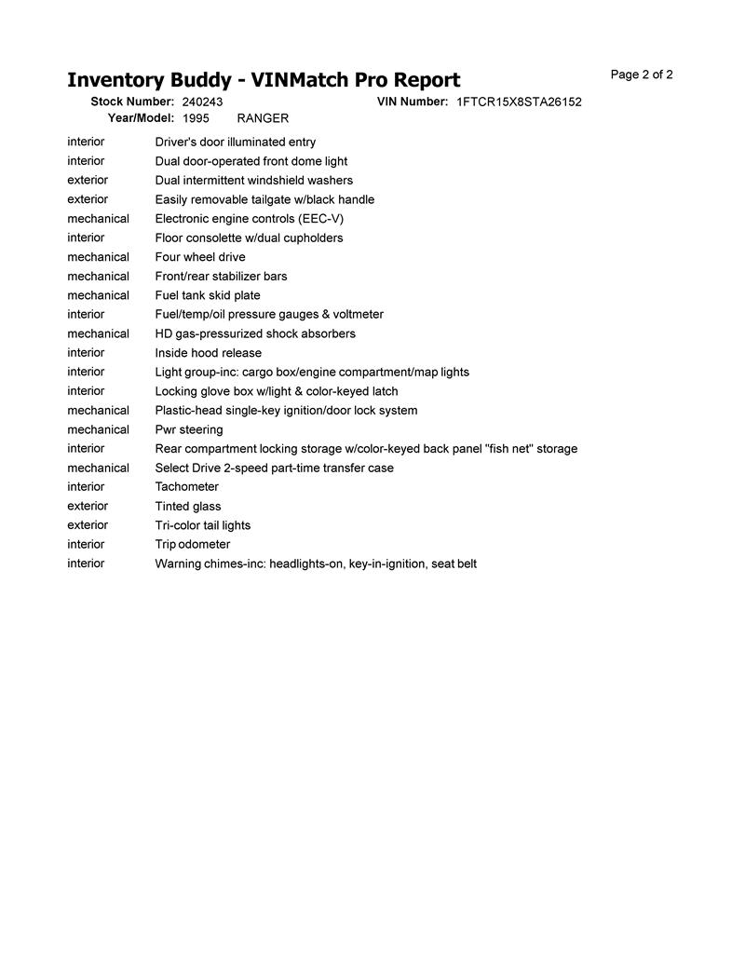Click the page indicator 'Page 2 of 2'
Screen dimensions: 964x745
pyautogui.click(x=642, y=75)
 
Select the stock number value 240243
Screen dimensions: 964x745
pyautogui.click(x=202, y=102)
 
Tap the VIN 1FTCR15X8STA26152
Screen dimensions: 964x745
pyautogui.click(x=519, y=102)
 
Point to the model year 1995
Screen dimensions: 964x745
pyautogui.click(x=196, y=118)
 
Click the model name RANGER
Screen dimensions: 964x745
pyautogui.click(x=263, y=118)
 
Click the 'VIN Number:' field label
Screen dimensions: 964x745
pyautogui.click(x=413, y=102)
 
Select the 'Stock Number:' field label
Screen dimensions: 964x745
pyautogui.click(x=132, y=102)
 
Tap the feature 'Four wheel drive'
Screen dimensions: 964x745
pyautogui.click(x=200, y=257)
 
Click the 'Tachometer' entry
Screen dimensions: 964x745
pyautogui.click(x=187, y=487)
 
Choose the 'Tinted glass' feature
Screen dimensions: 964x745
pyautogui.click(x=188, y=507)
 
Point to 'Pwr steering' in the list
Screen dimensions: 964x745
pyautogui.click(x=189, y=429)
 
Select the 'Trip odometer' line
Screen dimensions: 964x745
pyautogui.click(x=193, y=545)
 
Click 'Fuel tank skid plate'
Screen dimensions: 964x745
pyautogui.click(x=208, y=295)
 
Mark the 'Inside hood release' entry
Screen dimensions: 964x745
pyautogui.click(x=209, y=353)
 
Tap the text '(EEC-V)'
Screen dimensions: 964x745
pyautogui.click(x=321, y=219)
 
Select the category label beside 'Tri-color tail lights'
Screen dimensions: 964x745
pyautogui.click(x=88, y=525)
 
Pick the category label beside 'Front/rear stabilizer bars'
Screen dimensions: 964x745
pyautogui.click(x=98, y=277)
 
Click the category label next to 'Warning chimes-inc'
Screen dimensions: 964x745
pyautogui.click(x=86, y=563)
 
